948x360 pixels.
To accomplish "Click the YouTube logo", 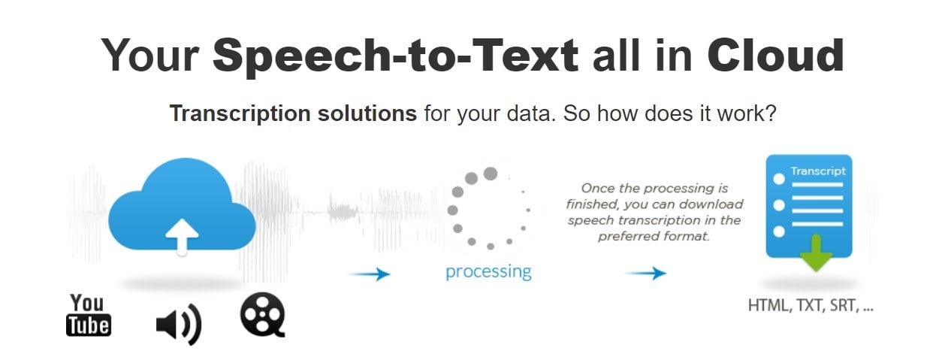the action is (89, 315).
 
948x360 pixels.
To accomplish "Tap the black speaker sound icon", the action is (179, 324).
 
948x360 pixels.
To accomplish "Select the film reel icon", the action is (263, 315).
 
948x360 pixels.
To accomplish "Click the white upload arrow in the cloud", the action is (182, 237).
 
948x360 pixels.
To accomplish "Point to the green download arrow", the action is (816, 253).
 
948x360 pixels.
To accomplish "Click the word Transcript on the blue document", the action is (817, 171).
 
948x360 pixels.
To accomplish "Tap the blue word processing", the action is (488, 272).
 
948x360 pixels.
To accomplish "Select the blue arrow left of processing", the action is (369, 274).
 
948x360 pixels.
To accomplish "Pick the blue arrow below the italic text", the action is (646, 273).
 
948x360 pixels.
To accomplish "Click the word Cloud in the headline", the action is (775, 56).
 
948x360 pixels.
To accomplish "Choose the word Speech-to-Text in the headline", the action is (395, 57).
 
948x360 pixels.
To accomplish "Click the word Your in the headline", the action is (150, 56).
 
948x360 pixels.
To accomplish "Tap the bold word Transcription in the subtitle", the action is (240, 114).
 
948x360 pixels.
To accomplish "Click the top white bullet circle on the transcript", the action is (779, 179).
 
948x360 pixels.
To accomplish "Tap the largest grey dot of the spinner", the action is (491, 173).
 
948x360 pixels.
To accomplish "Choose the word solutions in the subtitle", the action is (367, 113).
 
